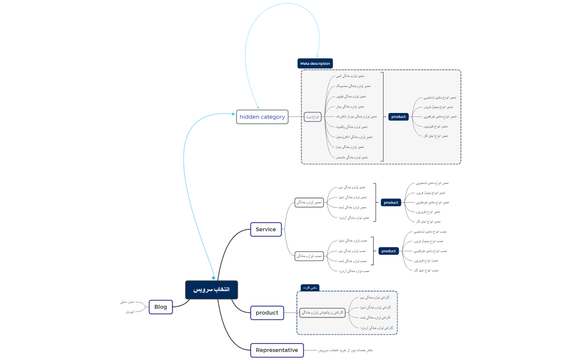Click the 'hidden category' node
pyautogui.click(x=262, y=117)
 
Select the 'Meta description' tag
pyautogui.click(x=315, y=64)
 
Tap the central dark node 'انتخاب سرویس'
pyautogui.click(x=211, y=290)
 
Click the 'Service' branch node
pyautogui.click(x=266, y=229)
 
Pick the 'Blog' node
pyautogui.click(x=161, y=307)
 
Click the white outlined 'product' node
pyautogui.click(x=267, y=313)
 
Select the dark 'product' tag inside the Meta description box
pyautogui.click(x=399, y=117)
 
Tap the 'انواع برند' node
pyautogui.click(x=313, y=117)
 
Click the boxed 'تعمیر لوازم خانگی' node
pyautogui.click(x=309, y=203)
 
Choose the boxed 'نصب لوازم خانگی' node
pyautogui.click(x=309, y=256)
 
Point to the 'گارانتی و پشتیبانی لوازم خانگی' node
pyautogui.click(x=322, y=313)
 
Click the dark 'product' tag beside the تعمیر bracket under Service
pyautogui.click(x=391, y=203)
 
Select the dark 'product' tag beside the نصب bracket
pyautogui.click(x=389, y=251)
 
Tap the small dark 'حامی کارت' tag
pyautogui.click(x=310, y=287)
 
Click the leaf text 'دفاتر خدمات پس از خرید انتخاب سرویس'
pyautogui.click(x=345, y=350)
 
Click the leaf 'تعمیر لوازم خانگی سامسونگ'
pyautogui.click(x=353, y=86)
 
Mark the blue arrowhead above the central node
pyautogui.click(x=214, y=277)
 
